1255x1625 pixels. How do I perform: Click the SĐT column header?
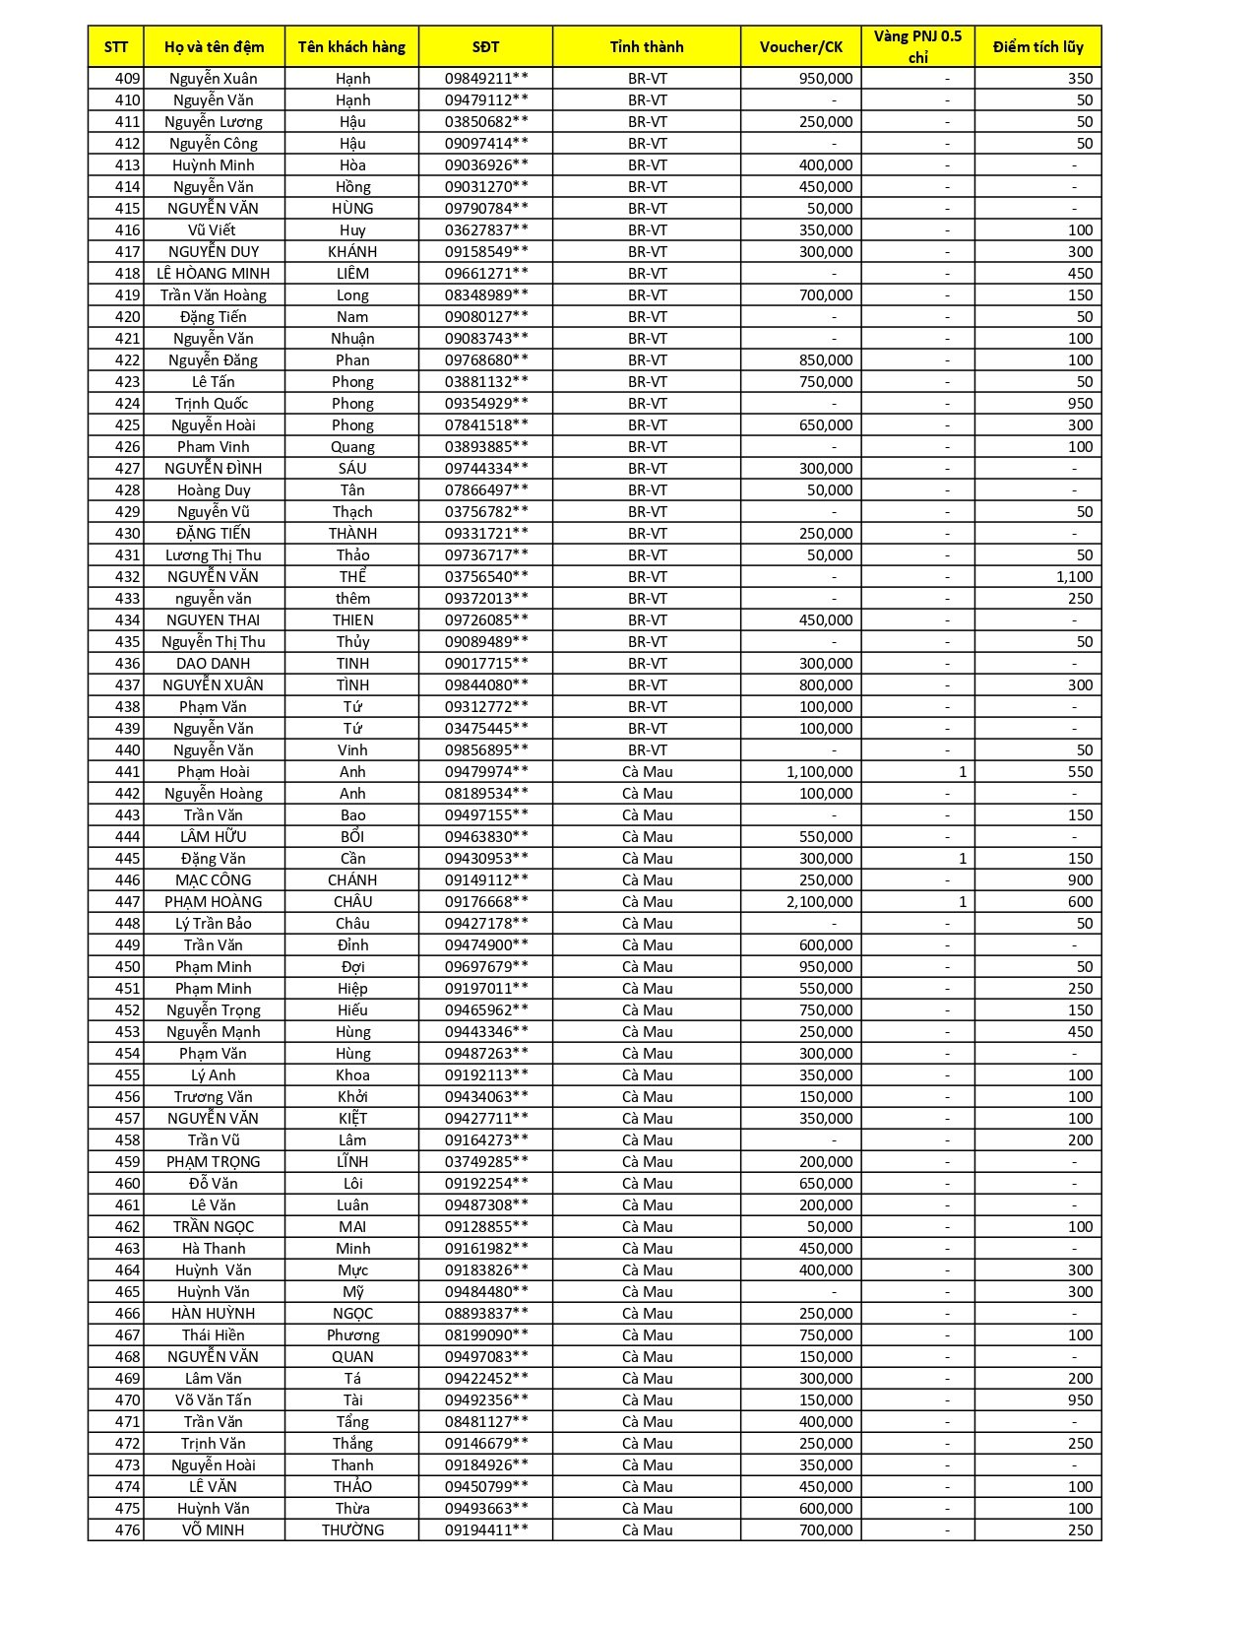tap(485, 46)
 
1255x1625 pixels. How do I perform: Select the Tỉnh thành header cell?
tap(646, 46)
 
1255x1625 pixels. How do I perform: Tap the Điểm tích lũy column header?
tap(1037, 46)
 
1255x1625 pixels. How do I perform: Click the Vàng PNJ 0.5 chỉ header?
tap(917, 46)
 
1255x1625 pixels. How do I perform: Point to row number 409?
tap(128, 79)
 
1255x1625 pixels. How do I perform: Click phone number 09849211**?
tap(485, 79)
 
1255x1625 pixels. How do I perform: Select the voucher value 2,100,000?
tap(819, 902)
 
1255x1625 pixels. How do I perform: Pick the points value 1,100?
tap(1074, 577)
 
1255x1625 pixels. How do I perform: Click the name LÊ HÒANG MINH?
tap(213, 274)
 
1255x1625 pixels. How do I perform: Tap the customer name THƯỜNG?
tap(352, 1530)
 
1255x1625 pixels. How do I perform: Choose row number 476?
tap(128, 1530)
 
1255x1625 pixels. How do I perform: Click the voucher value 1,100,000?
tap(819, 772)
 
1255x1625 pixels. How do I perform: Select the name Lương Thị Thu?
tap(213, 555)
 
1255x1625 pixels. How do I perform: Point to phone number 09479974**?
tap(485, 772)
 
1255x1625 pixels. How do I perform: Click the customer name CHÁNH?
tap(352, 880)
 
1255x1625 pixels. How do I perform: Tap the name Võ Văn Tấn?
tap(213, 1400)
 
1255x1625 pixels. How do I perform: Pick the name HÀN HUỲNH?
tap(213, 1314)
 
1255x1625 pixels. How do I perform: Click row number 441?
tap(128, 772)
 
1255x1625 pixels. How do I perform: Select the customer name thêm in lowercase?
tap(352, 599)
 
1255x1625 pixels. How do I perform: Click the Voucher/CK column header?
tap(800, 46)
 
